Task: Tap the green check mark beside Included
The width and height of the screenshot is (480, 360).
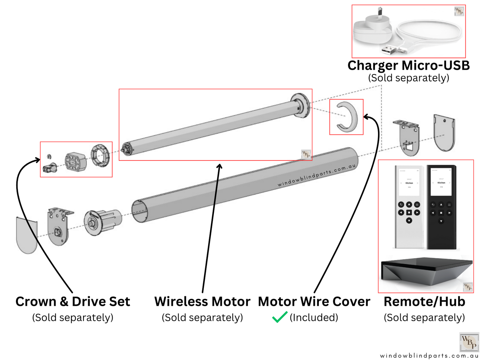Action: [x=279, y=317]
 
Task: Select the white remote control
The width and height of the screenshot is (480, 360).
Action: [x=409, y=207]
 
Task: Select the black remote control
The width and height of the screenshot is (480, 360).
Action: [x=441, y=207]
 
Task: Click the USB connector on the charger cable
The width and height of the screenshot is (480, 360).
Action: [x=389, y=50]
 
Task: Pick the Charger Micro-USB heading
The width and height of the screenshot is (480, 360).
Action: [x=409, y=65]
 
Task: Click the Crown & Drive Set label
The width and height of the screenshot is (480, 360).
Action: [x=73, y=302]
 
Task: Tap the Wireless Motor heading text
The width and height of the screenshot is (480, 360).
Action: [x=202, y=302]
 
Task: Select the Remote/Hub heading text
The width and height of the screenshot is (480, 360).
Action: [x=424, y=302]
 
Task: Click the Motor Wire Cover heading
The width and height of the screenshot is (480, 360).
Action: [x=314, y=302]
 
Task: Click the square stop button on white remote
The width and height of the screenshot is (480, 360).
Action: [x=409, y=213]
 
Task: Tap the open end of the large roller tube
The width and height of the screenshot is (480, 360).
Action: [x=140, y=212]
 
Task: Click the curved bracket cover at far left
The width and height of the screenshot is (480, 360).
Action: [x=27, y=234]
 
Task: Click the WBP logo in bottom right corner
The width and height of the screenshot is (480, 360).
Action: [x=469, y=342]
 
